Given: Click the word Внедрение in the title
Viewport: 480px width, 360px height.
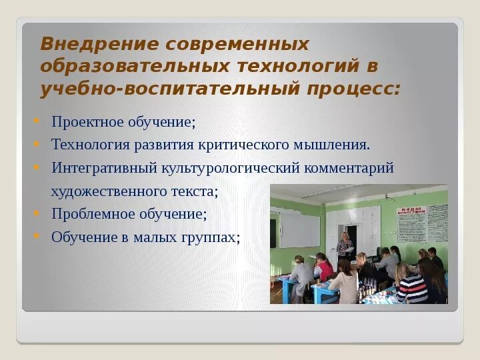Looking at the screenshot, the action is [x=99, y=44].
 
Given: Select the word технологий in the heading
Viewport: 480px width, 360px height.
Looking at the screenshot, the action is [x=298, y=66].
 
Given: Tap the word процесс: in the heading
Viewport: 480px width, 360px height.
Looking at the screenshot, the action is [x=354, y=89].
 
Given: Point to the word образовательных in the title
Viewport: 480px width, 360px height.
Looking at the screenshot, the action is [x=135, y=66].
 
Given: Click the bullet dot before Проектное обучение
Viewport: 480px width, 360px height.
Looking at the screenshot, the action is [x=37, y=121].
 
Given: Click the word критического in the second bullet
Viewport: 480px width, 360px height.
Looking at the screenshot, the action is [x=243, y=145].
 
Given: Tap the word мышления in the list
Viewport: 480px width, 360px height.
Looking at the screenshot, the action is [x=331, y=145].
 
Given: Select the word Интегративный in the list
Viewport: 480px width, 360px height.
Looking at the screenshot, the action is [x=104, y=168].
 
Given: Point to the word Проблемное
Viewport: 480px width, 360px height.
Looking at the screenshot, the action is [x=93, y=214].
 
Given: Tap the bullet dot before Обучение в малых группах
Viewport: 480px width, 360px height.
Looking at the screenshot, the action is [x=37, y=236].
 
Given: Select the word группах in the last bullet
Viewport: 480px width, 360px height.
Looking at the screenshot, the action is [x=211, y=237].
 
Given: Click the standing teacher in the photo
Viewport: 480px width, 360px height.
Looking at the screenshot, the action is [x=345, y=247].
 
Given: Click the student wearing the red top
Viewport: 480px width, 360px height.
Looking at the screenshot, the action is [x=324, y=266].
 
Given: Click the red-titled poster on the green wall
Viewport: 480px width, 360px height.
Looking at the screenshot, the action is [x=411, y=224].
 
